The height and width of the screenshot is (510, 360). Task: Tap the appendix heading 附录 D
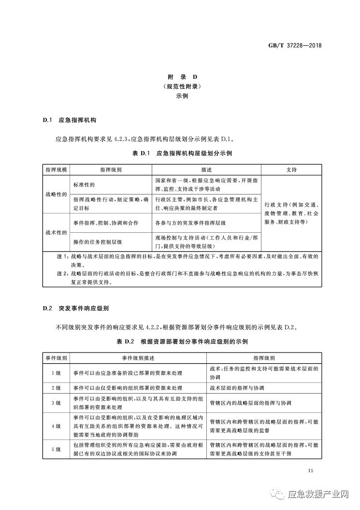pyautogui.click(x=180, y=77)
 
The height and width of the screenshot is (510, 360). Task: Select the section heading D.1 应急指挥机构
pyautogui.click(x=72, y=119)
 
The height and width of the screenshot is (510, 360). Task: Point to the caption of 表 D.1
pyautogui.click(x=180, y=154)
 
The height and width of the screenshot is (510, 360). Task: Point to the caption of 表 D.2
pyautogui.click(x=180, y=342)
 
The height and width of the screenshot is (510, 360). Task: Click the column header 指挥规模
pyautogui.click(x=57, y=170)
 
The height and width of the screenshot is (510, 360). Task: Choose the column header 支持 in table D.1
pyautogui.click(x=291, y=170)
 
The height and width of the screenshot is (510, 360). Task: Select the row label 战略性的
pyautogui.click(x=57, y=194)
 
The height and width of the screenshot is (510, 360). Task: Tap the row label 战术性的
pyautogui.click(x=57, y=232)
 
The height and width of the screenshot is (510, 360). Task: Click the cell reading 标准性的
pyautogui.click(x=84, y=184)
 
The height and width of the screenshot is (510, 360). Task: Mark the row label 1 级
pyautogui.click(x=57, y=373)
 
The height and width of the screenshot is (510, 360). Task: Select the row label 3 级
pyautogui.click(x=57, y=403)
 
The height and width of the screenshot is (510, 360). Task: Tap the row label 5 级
pyautogui.click(x=57, y=449)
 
